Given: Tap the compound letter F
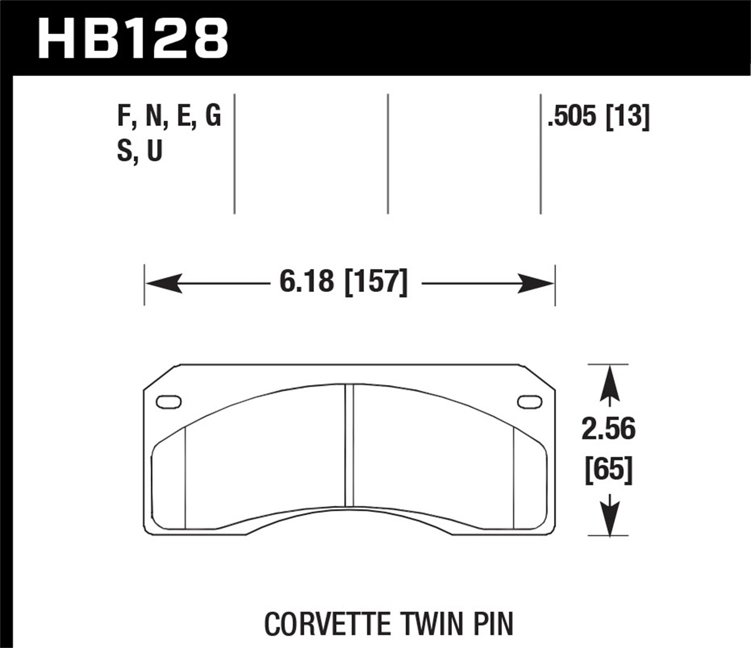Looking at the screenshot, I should (124, 116).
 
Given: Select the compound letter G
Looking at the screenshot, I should (212, 116).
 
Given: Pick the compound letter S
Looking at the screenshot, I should (124, 150).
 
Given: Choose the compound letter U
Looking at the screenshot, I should (155, 150).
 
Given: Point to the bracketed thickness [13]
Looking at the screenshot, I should (627, 116).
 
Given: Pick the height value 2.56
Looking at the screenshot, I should (608, 429).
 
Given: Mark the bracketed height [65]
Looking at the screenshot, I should (609, 470).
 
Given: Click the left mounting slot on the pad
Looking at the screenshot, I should (169, 401).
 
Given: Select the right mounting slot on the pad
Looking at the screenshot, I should (529, 401).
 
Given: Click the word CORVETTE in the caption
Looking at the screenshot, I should (327, 624).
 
